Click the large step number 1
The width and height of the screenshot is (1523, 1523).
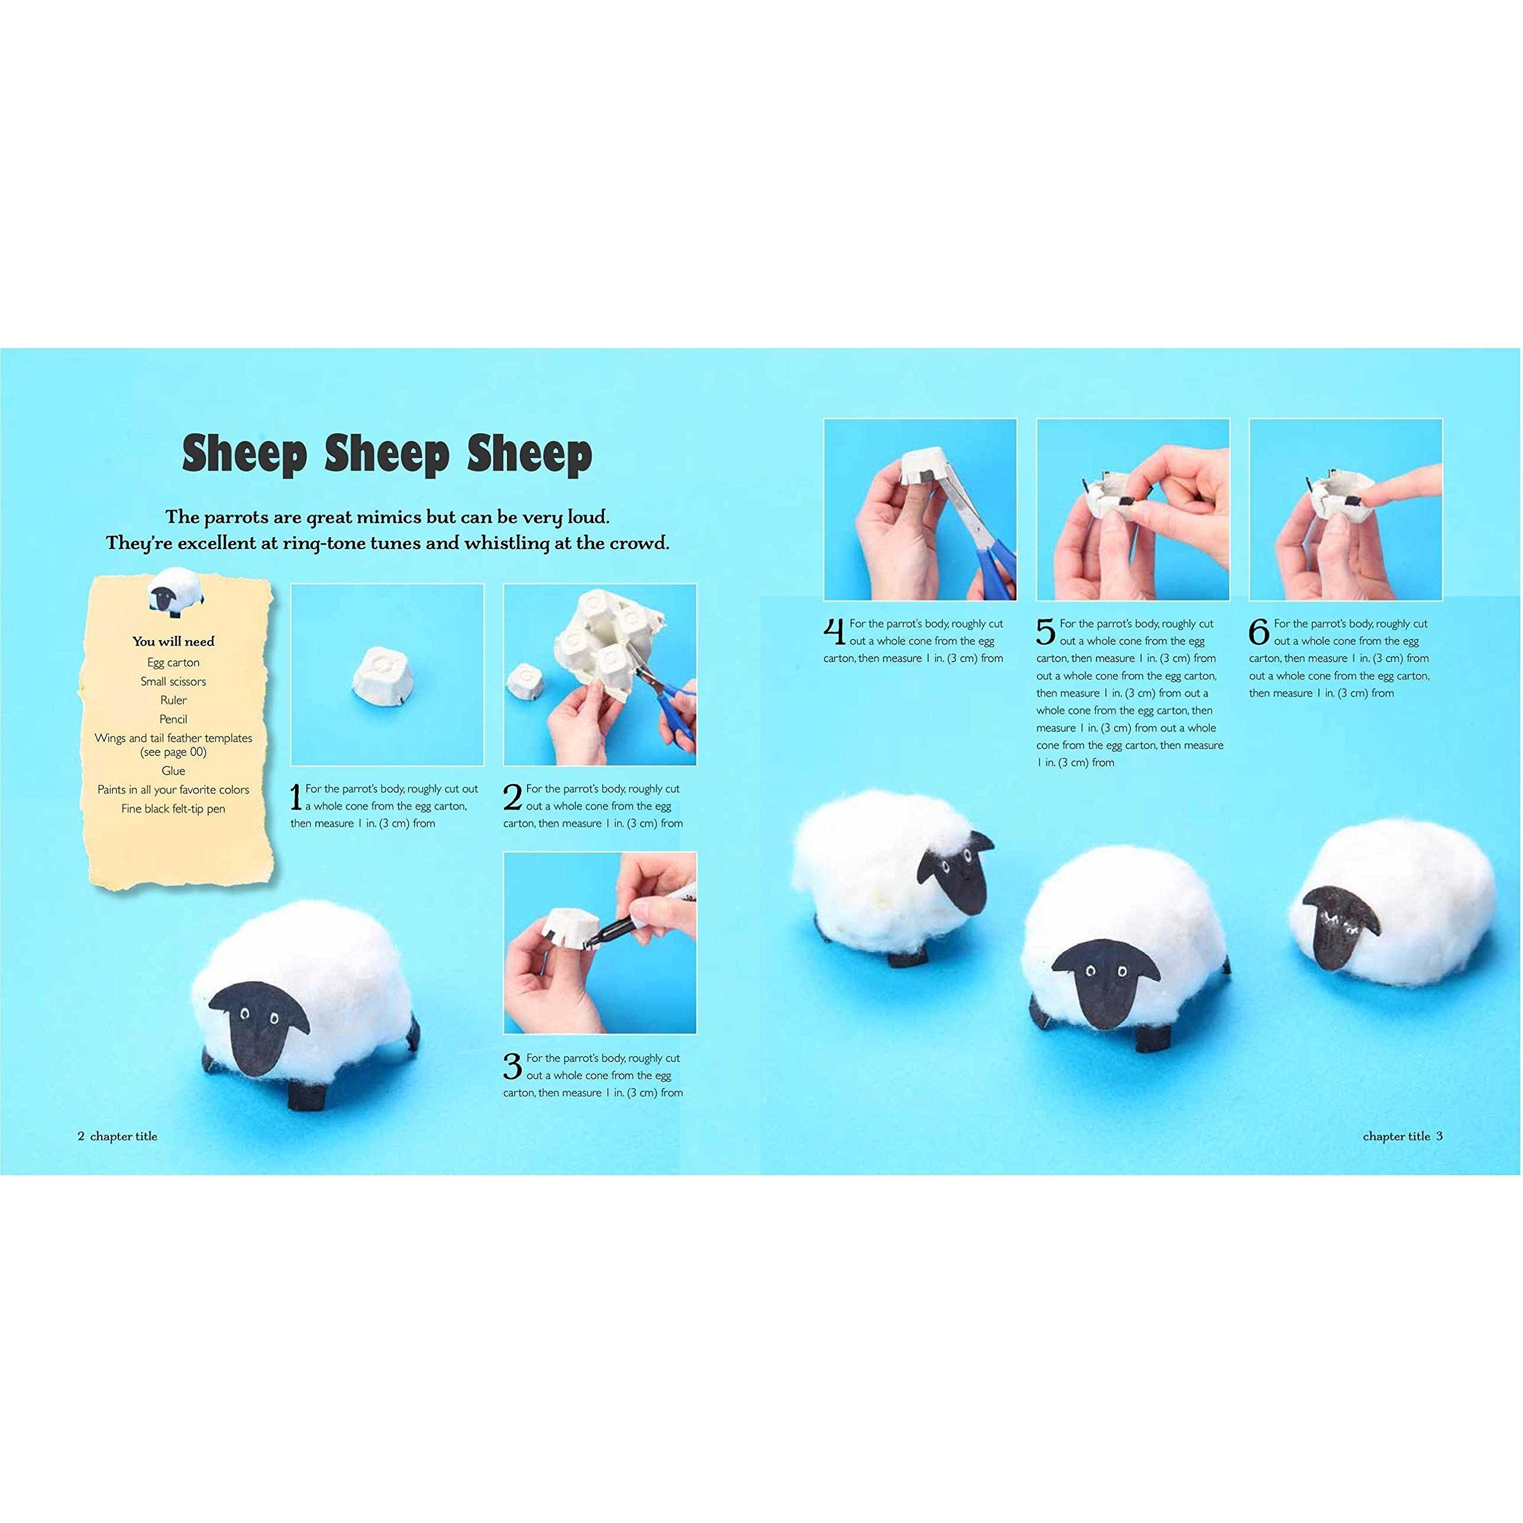[x=296, y=797]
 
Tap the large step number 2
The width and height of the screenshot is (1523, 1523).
[x=512, y=797]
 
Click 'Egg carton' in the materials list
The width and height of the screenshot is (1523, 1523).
[x=174, y=663]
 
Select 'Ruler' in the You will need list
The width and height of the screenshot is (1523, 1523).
[x=174, y=700]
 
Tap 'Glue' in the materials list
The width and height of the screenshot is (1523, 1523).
[x=174, y=771]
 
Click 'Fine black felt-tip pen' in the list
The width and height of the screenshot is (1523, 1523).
[x=174, y=809]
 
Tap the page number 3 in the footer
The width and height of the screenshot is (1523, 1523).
[x=1439, y=1136]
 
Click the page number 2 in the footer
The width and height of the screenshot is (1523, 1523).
[x=80, y=1136]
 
